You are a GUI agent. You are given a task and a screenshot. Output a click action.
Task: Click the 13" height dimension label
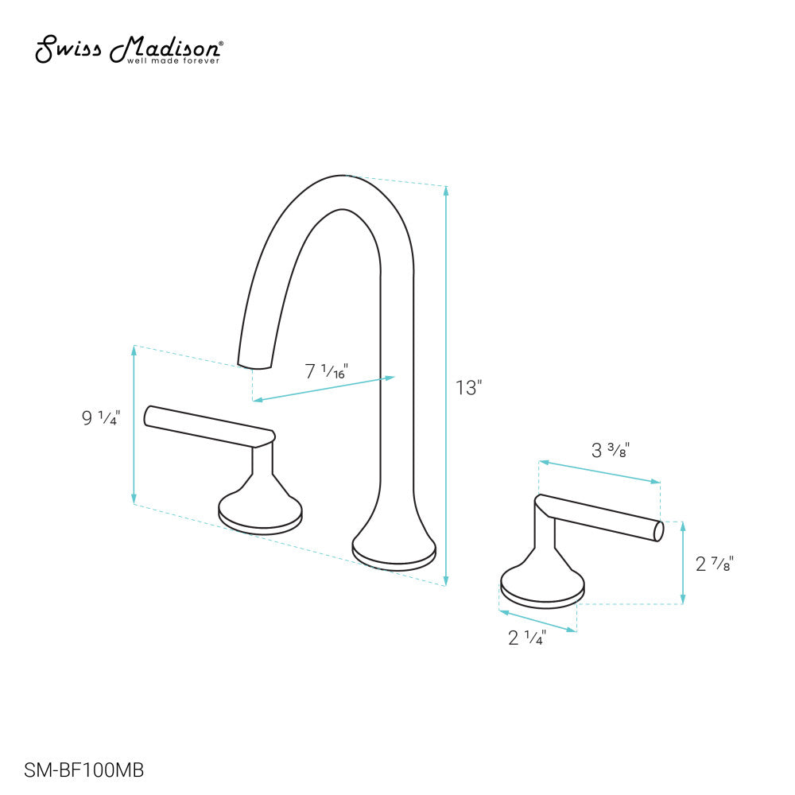pos(469,388)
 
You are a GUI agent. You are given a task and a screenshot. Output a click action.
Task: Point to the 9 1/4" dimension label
pos(100,417)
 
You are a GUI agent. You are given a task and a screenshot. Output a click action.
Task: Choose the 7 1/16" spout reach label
pos(327,370)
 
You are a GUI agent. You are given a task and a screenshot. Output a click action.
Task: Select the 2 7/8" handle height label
pos(714,564)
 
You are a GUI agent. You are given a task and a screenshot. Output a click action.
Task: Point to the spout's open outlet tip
pos(255,366)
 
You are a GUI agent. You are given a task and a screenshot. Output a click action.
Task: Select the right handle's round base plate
pos(542,591)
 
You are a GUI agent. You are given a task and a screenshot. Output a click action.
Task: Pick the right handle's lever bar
pos(600,517)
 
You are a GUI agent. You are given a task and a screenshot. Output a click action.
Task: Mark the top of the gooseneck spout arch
pos(342,179)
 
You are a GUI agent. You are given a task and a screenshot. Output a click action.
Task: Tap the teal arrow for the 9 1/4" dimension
pos(134,425)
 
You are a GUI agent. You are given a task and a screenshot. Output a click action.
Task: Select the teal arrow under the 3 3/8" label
pos(599,471)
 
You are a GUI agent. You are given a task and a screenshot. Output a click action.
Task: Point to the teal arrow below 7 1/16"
pos(323,389)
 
